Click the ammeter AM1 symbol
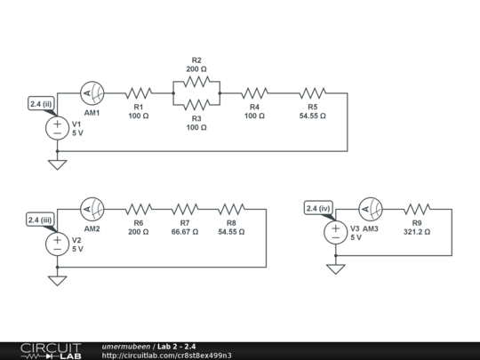(92, 92)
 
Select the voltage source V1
(57, 126)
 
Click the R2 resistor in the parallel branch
(196, 80)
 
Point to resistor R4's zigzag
(254, 92)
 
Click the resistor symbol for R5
(312, 92)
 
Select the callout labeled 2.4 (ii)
(42, 103)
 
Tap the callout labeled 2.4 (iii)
(42, 220)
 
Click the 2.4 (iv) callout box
(319, 210)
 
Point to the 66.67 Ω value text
(184, 232)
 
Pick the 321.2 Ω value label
(416, 232)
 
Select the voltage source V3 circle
(335, 232)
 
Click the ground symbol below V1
(57, 164)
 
